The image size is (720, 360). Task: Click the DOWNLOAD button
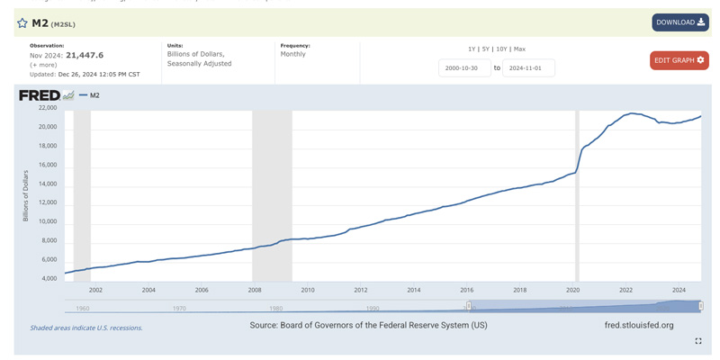[679, 22]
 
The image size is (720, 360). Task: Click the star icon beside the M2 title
[22, 23]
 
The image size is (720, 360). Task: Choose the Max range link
[519, 49]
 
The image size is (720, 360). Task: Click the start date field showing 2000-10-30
[464, 67]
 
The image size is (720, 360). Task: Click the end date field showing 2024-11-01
[528, 67]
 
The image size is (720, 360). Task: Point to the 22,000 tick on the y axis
[47, 108]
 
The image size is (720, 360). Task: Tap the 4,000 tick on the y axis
[49, 279]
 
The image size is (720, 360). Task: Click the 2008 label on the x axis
[255, 290]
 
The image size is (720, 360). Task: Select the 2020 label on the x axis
[572, 290]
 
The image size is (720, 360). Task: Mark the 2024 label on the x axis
[679, 290]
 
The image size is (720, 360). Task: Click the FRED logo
[40, 95]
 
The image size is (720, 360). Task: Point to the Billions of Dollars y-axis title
[26, 195]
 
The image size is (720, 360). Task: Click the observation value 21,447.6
[85, 55]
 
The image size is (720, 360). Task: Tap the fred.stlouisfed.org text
[639, 325]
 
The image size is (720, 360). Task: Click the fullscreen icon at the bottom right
[697, 341]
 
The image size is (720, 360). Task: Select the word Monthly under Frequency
[292, 54]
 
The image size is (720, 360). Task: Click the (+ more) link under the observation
[43, 65]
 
